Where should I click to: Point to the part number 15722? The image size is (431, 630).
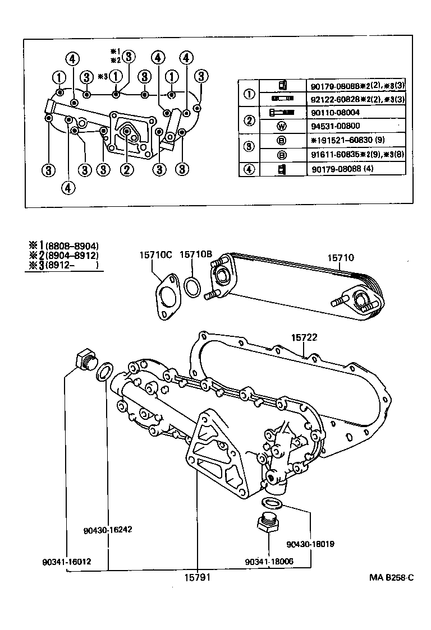(x=304, y=337)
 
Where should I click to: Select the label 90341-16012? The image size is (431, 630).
(x=66, y=561)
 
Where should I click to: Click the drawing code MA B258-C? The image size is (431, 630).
(x=391, y=578)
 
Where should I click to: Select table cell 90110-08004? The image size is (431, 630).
(x=336, y=113)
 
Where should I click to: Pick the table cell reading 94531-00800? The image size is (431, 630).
(x=336, y=126)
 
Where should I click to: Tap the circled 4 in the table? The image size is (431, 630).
(x=249, y=168)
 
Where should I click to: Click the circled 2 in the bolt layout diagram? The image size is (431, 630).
(x=127, y=168)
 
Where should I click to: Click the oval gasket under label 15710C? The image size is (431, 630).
(x=167, y=296)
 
